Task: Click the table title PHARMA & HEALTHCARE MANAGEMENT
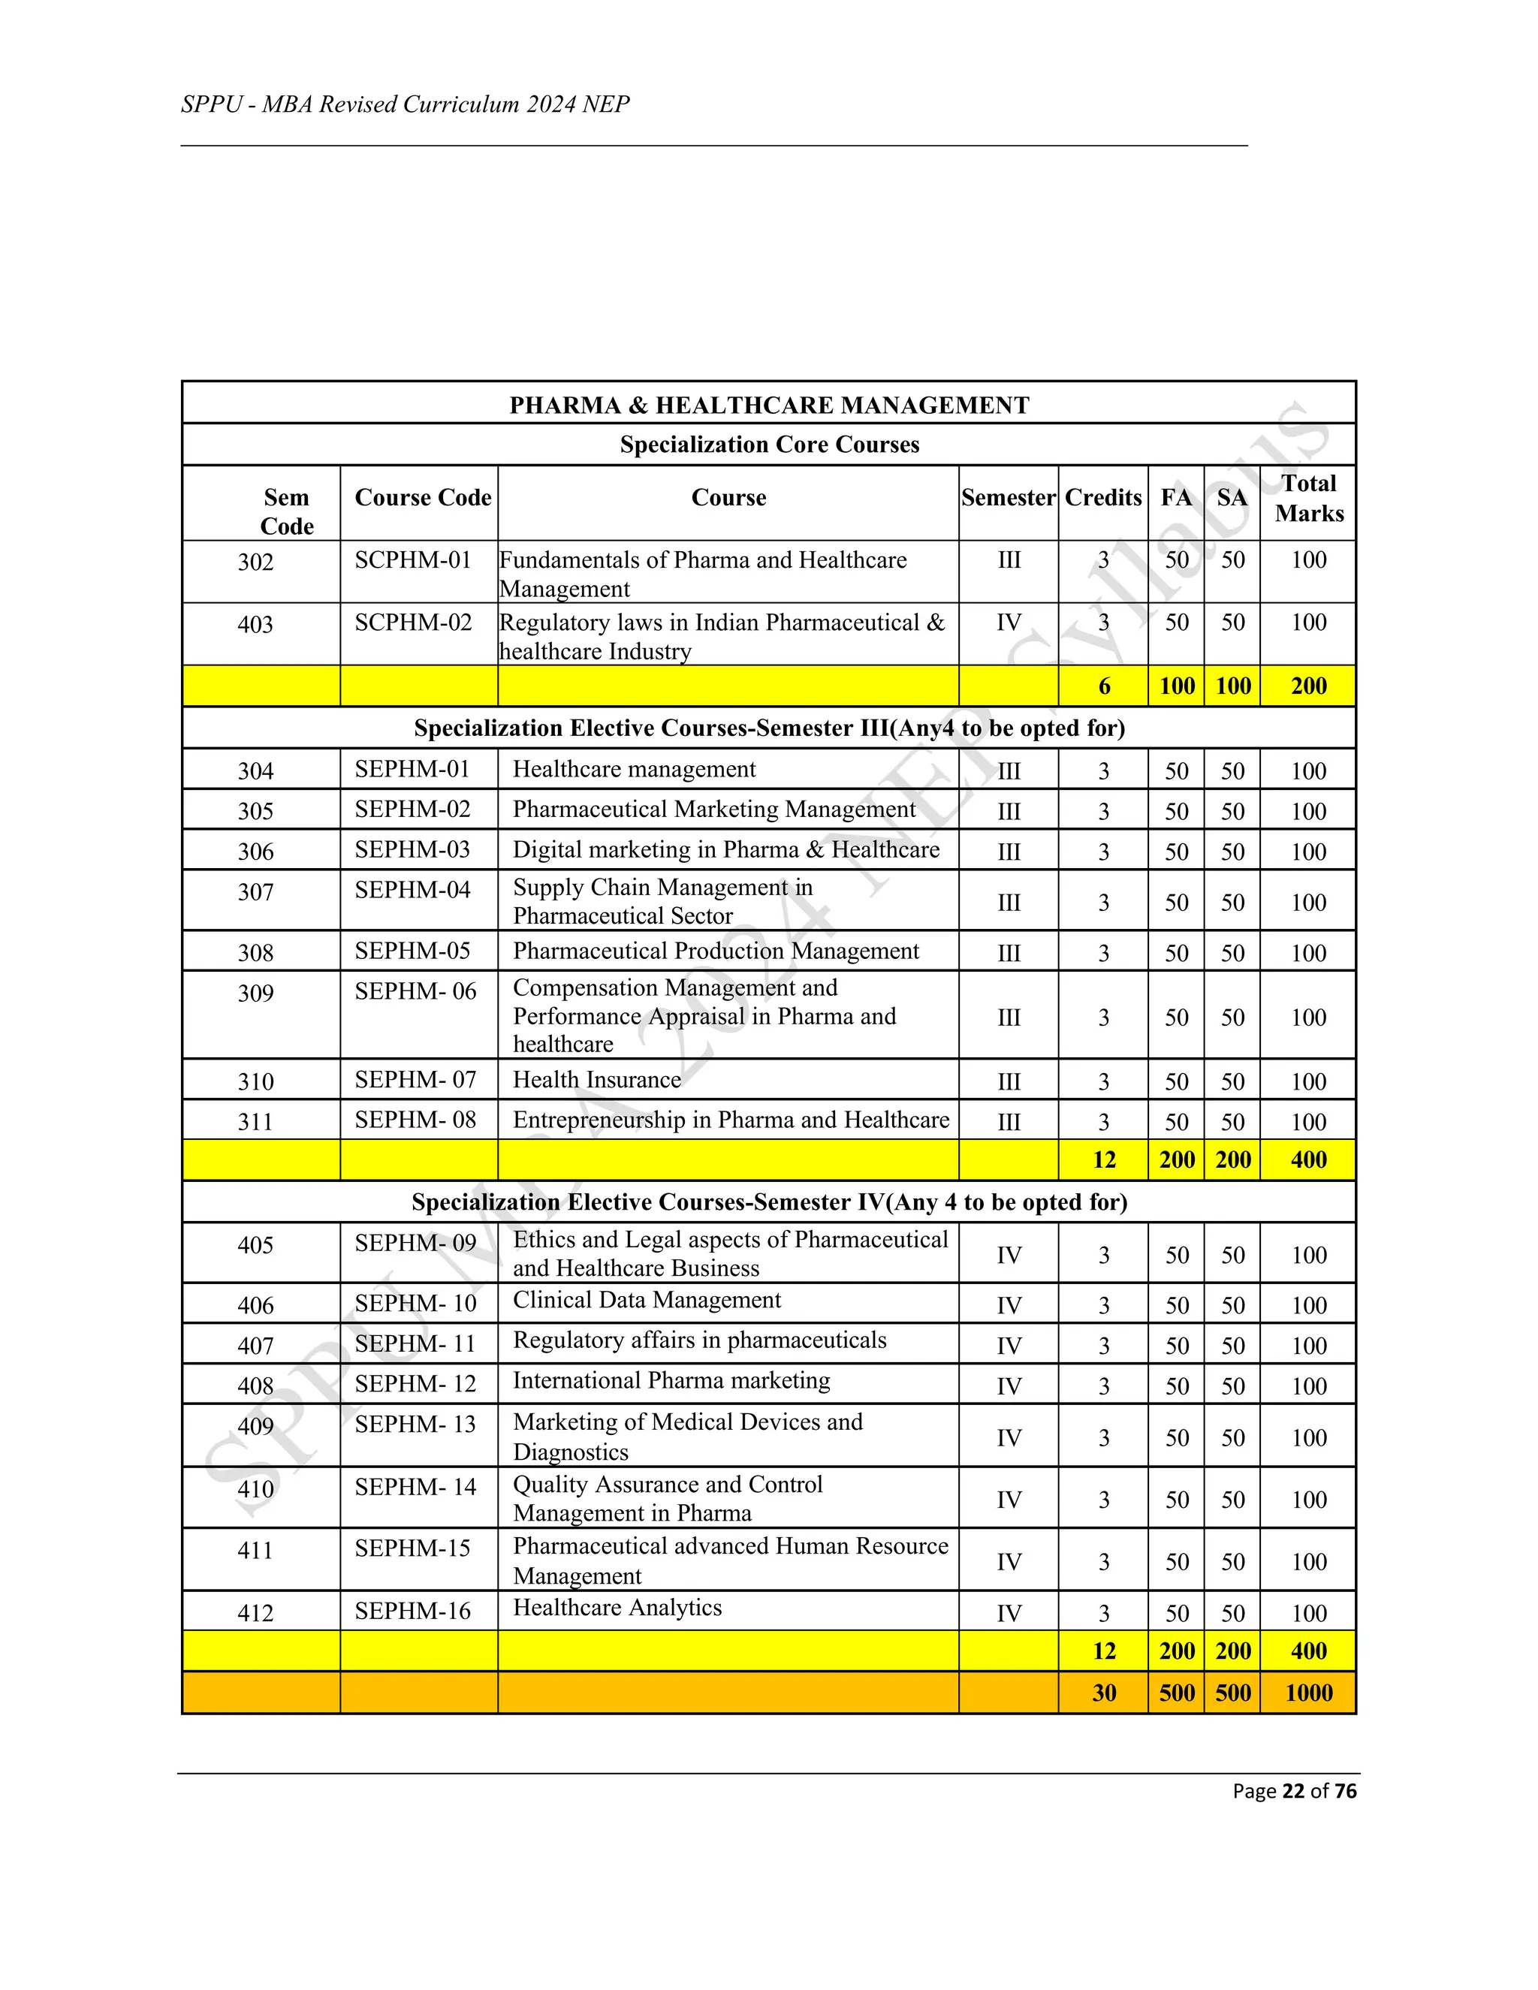769,406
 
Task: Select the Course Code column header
423,497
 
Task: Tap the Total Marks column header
1308,499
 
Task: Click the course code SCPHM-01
413,560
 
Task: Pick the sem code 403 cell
255,624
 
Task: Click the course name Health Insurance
597,1080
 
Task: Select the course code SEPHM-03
413,849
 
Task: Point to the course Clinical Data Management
647,1300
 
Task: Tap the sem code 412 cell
255,1613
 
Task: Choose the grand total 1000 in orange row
1308,1693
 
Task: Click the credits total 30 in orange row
1103,1693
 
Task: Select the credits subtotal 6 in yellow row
1103,686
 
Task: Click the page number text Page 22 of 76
1294,1791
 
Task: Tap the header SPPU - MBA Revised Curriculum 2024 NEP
406,105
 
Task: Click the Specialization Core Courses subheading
769,445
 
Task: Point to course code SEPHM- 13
415,1424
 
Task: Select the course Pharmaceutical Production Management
716,951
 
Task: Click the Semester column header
1008,497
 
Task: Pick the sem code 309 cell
255,993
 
